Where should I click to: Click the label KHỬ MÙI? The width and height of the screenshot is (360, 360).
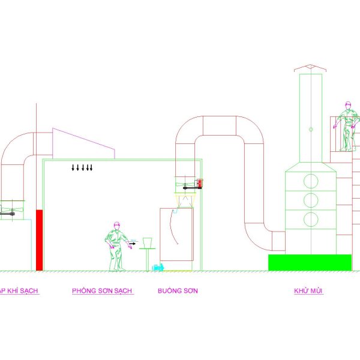308,291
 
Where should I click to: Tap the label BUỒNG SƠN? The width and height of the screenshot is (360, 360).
178,291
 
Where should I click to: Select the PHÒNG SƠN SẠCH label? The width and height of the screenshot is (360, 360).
102,291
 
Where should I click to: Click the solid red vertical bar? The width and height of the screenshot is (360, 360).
40,239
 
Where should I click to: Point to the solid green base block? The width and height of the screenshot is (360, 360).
310,262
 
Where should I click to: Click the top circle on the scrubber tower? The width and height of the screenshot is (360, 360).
311,180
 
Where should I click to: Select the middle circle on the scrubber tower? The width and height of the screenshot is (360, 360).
311,199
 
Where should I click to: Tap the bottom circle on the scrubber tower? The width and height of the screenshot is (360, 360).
311,218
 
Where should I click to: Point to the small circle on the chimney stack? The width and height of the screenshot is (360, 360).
311,128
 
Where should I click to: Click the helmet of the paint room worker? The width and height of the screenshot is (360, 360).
117,224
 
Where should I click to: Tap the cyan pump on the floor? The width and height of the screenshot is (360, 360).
161,266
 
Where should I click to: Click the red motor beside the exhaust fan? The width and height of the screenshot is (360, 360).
200,184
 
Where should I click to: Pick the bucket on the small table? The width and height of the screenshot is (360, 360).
147,242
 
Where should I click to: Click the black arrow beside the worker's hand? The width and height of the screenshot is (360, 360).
132,244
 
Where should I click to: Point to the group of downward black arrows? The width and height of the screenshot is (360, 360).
82,167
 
